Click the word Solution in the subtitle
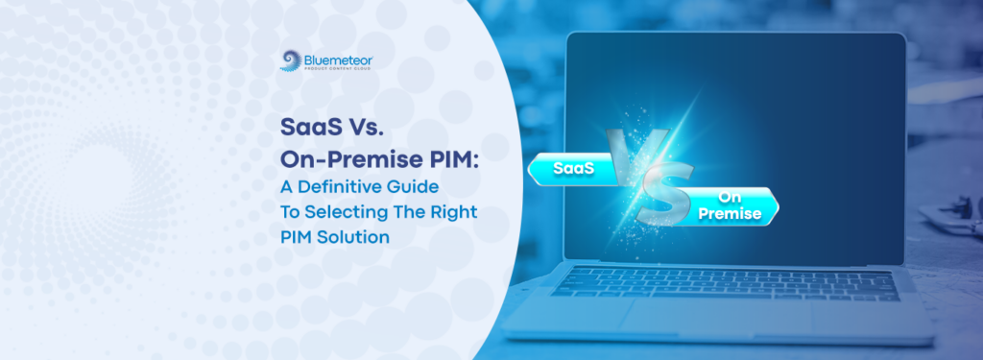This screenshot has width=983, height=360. tap(354, 237)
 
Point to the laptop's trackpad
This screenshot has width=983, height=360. tap(709, 318)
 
